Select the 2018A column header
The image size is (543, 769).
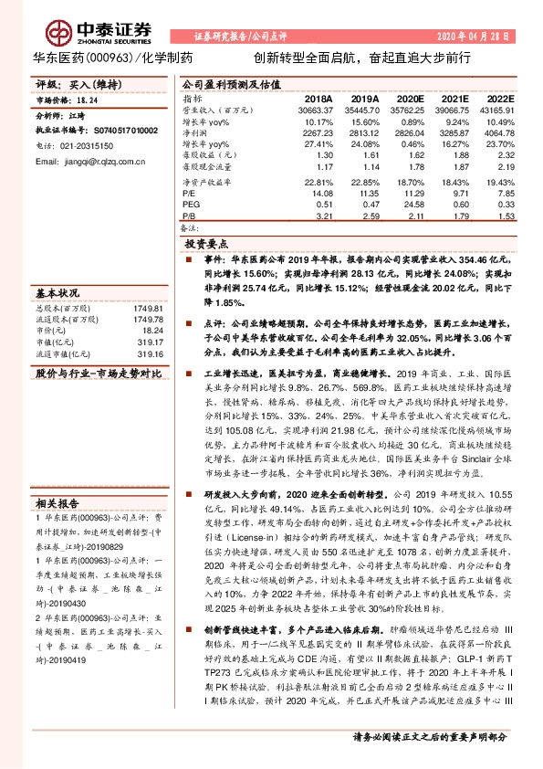[x=318, y=99]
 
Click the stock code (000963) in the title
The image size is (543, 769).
[x=112, y=57]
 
